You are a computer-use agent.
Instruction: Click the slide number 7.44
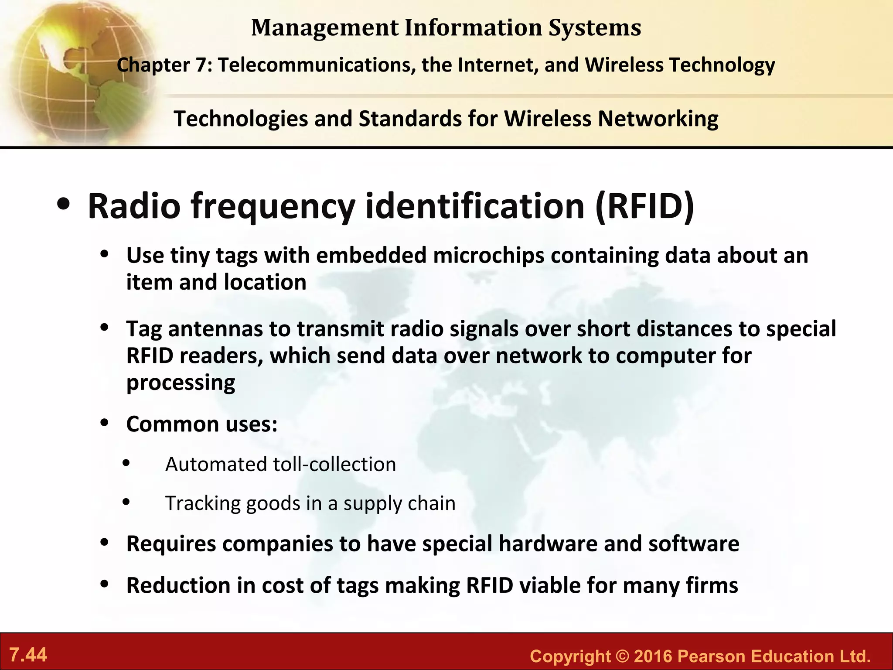28,655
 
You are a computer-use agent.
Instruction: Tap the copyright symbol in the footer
623,656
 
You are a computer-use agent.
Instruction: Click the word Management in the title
325,27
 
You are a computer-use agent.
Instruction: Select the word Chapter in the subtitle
153,65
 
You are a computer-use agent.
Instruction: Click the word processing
181,383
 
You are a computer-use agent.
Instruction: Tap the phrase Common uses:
202,424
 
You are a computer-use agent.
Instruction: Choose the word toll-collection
334,464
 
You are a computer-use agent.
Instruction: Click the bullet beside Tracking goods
126,502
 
